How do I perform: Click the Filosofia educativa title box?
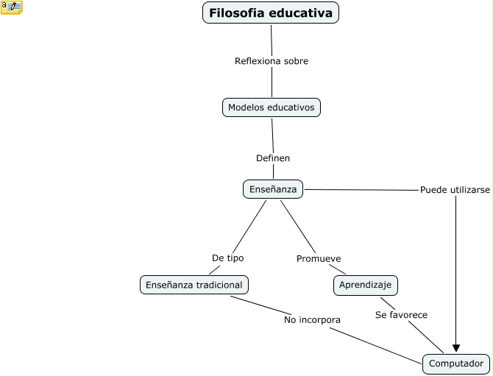pos(271,13)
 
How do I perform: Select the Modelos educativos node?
pos(272,107)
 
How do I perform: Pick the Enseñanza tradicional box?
pos(194,284)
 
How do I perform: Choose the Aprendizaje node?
pos(366,284)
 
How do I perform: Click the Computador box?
pos(455,363)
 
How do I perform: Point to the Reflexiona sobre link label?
pos(271,61)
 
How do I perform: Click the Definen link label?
pos(272,158)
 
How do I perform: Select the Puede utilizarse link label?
pos(455,189)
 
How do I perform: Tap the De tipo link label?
pos(227,258)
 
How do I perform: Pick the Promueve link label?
pos(318,259)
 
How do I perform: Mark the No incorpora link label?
pos(312,320)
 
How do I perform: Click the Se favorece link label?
pos(401,315)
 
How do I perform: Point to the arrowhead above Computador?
pos(456,348)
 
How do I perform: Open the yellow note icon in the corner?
pos(12,7)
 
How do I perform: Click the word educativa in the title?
pos(302,13)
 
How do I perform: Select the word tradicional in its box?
pos(217,284)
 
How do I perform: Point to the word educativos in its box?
pos(292,107)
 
